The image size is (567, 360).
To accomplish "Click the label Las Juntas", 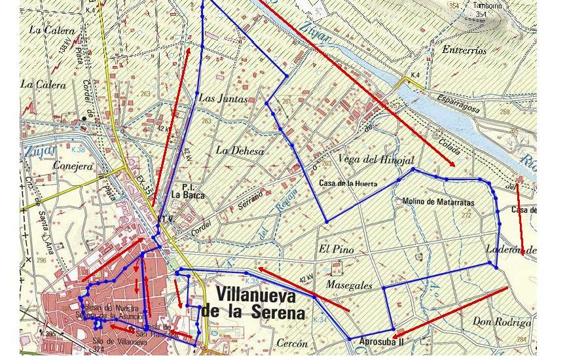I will (x=223, y=99).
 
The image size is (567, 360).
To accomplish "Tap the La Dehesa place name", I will (x=240, y=151).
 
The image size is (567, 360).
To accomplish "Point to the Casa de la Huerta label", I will (x=348, y=184).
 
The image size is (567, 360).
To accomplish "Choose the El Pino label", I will (x=332, y=249).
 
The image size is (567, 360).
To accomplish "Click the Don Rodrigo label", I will (x=502, y=322).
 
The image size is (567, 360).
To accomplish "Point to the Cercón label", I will (x=291, y=344).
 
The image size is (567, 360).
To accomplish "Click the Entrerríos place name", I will (x=464, y=50).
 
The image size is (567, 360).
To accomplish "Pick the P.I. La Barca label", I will (x=188, y=190).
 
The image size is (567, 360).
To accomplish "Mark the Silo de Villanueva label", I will (x=116, y=340).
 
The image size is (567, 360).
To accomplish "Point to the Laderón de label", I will (x=511, y=249).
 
